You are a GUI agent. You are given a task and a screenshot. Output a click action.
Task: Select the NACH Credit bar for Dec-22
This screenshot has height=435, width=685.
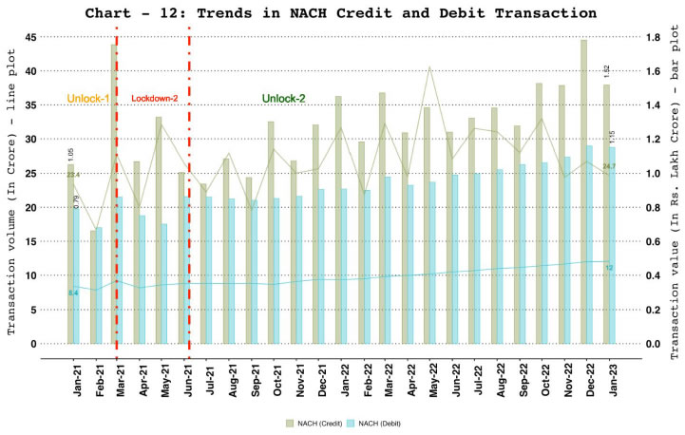coord(583,190)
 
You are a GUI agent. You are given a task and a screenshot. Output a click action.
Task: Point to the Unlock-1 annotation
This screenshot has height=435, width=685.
coord(88,99)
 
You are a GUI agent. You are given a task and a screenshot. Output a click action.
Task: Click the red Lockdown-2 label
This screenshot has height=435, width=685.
coord(153,99)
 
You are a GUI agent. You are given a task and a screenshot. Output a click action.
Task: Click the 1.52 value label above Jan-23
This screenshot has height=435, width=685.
coord(606,73)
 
